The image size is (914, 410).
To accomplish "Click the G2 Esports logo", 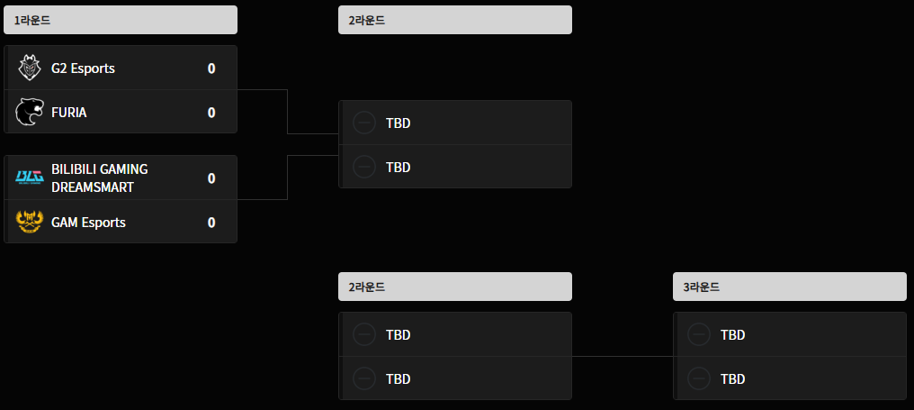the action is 29,68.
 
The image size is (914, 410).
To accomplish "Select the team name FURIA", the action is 68,112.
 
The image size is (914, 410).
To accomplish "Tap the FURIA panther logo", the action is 29,112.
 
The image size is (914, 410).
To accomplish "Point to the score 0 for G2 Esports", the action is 211,68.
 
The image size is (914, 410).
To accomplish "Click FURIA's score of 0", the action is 211,112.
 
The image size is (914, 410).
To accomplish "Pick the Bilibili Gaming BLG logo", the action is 29,177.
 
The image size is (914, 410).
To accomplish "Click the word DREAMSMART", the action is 93,187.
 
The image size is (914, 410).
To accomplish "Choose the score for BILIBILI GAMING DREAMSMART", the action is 211,178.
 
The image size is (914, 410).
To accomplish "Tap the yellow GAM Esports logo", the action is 29,222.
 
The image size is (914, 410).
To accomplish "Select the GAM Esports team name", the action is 88,223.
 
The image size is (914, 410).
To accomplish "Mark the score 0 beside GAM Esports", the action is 211,223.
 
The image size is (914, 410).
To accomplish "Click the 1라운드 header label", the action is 32,21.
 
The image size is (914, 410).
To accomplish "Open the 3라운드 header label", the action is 701,287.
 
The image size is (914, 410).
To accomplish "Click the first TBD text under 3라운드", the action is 732,334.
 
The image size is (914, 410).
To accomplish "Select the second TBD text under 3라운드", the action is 732,379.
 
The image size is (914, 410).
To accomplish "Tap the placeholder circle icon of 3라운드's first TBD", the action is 699,334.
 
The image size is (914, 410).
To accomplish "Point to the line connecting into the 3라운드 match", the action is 623,356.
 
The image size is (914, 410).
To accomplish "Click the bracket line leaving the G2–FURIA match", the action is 287,112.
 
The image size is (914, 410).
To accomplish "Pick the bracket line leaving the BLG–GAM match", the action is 287,178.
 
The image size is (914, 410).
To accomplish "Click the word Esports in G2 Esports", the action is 93,68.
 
